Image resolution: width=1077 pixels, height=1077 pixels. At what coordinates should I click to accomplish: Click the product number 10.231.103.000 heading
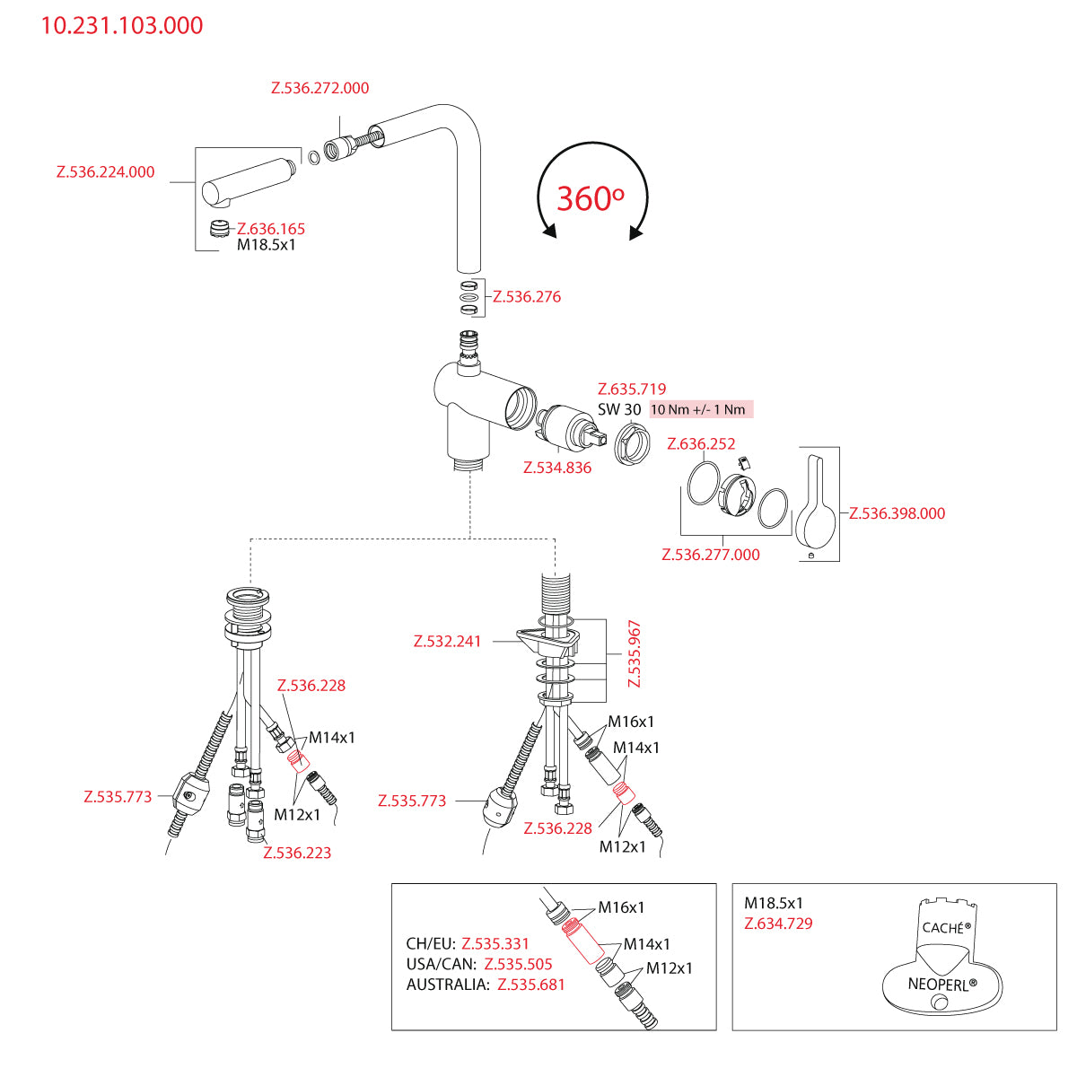point(122,25)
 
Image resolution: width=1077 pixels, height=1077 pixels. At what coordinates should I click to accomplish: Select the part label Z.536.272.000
point(320,88)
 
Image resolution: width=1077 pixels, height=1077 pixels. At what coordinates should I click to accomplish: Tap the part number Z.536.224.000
point(105,172)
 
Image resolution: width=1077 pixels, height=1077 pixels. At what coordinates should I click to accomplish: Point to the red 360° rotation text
point(590,198)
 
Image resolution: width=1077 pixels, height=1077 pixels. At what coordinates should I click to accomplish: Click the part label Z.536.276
point(527,297)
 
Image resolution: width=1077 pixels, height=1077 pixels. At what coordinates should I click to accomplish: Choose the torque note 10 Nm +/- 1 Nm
point(698,409)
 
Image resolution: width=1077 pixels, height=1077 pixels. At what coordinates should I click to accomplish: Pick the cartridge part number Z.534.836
point(557,468)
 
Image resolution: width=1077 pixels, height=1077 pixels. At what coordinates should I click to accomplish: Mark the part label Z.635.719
point(632,390)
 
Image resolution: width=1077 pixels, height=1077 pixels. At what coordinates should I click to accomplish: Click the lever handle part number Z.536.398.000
point(897,513)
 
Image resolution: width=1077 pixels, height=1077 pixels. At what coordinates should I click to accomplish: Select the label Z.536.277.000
point(711,555)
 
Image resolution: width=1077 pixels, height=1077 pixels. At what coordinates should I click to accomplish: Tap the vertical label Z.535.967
point(635,653)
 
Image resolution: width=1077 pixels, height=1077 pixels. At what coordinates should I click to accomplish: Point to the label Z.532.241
point(447,642)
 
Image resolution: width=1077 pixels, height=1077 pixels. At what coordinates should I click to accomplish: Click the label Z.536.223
point(297,854)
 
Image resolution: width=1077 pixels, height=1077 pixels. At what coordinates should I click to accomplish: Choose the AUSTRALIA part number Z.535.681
point(531,985)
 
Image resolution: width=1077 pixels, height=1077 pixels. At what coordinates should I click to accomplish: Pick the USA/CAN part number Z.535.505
point(518,965)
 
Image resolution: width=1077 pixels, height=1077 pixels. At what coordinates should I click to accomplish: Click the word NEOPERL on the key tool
point(938,984)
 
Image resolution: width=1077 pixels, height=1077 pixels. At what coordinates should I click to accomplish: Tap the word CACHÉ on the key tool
point(942,928)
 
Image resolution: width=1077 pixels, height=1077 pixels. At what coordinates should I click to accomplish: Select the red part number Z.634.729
point(778,924)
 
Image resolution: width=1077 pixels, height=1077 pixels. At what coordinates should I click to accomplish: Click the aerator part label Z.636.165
point(271,229)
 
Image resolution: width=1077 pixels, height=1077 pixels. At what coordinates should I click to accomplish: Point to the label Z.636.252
point(701,444)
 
